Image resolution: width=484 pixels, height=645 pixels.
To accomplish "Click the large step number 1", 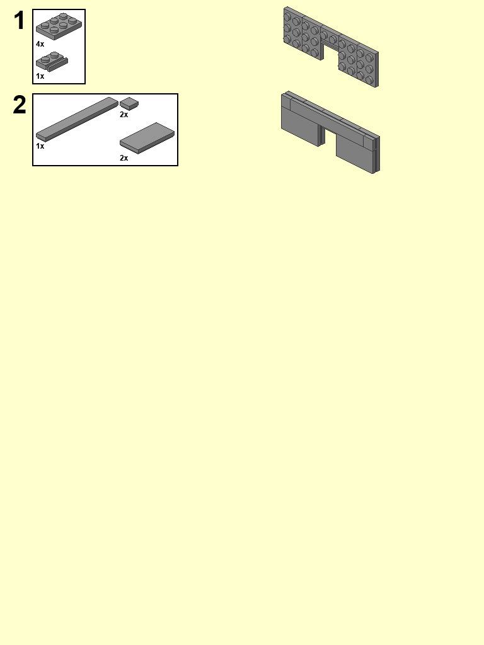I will (x=20, y=21).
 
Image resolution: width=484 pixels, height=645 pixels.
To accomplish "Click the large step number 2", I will (x=20, y=105).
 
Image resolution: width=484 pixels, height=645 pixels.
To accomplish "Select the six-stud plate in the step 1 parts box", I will (x=59, y=25).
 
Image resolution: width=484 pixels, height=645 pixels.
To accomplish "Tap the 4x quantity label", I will (x=40, y=44).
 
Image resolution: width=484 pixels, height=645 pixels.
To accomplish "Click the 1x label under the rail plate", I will (x=40, y=76).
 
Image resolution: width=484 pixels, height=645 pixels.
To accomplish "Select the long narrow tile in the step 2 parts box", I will (x=77, y=118).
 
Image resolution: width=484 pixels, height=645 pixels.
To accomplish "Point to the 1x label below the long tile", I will (x=40, y=146).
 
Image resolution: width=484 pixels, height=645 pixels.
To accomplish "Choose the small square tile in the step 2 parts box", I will (x=129, y=103).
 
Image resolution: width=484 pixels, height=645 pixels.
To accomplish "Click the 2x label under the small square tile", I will (x=124, y=115).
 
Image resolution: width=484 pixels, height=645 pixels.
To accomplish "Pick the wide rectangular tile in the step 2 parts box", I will (x=147, y=137).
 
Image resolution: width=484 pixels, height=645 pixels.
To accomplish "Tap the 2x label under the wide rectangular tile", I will (x=124, y=158).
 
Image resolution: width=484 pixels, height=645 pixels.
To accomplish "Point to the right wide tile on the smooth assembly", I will (x=354, y=152).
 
